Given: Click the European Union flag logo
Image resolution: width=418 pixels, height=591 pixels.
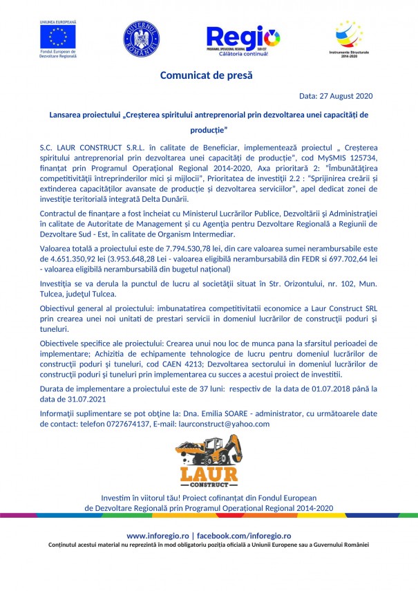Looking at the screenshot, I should pos(58,36).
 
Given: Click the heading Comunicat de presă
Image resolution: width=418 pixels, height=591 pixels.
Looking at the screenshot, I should pos(207,75).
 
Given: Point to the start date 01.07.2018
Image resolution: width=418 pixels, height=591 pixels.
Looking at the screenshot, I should pos(327,388).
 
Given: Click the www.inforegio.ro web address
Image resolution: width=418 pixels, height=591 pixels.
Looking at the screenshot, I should pos(158,536).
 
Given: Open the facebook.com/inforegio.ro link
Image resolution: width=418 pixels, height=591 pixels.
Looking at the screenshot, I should pos(243,536).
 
